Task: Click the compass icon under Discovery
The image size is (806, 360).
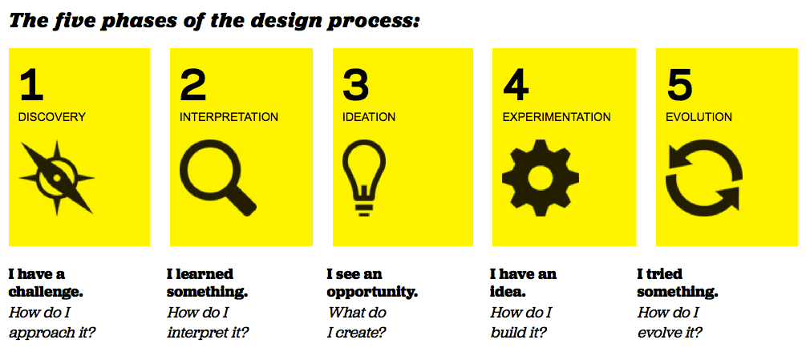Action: coord(57,177)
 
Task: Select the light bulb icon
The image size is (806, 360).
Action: coord(364,177)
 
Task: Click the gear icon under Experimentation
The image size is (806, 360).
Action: coord(541,177)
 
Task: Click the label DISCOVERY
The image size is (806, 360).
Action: coord(52,117)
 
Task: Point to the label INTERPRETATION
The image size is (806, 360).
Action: coord(229,117)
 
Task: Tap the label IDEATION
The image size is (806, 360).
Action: coord(369,117)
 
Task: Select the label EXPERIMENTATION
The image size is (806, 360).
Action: coord(557,117)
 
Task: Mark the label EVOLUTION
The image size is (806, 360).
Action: coord(699,117)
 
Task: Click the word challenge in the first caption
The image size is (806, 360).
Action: coord(46,293)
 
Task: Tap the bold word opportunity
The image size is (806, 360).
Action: coord(372,293)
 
